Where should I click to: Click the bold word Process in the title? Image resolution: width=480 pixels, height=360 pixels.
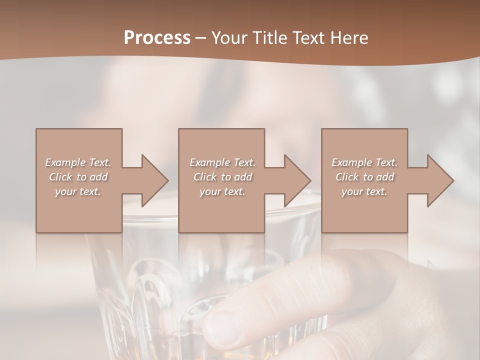tap(157, 37)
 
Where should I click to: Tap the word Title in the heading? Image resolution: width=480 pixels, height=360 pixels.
tap(269, 37)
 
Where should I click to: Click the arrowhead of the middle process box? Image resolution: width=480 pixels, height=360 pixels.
tap(297, 180)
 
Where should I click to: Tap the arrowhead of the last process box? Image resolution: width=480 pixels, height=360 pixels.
tap(440, 180)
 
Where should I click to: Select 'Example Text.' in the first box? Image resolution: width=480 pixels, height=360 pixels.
tap(78, 162)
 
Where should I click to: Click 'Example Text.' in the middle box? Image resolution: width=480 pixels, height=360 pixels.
tap(222, 162)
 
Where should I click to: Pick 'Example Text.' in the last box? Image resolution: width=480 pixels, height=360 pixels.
tap(364, 162)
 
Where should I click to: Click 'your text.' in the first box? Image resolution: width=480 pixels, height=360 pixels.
tap(78, 191)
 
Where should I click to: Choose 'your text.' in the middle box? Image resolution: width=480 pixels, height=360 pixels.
tap(222, 191)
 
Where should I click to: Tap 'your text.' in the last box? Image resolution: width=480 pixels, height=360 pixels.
tap(364, 191)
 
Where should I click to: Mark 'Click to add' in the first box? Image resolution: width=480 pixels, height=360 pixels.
tap(78, 177)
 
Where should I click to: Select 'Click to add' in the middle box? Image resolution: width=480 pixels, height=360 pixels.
tap(222, 177)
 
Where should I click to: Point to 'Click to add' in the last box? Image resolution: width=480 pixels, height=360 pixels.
tap(364, 177)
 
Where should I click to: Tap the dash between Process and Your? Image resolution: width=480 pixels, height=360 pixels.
tap(200, 38)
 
